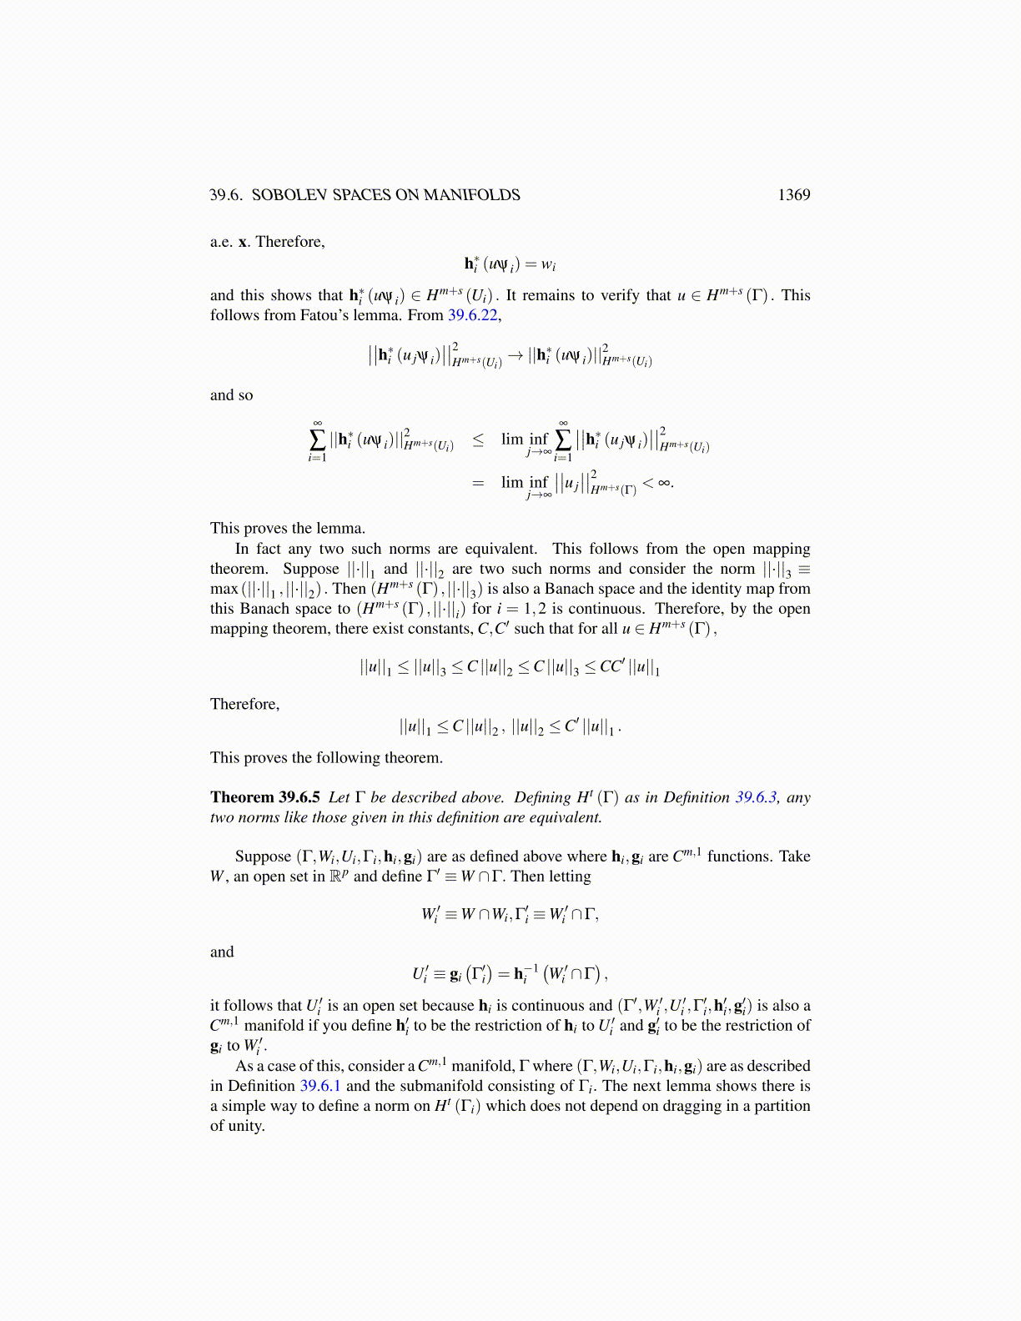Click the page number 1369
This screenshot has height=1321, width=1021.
click(793, 195)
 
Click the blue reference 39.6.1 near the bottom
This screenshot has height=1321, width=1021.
click(319, 1086)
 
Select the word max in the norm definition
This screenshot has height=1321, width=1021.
click(224, 589)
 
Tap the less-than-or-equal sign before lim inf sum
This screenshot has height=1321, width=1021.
click(478, 439)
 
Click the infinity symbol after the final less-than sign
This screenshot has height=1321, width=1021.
click(665, 482)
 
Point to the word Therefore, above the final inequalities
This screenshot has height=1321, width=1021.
click(244, 704)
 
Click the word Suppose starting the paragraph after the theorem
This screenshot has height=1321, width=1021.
click(263, 856)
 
